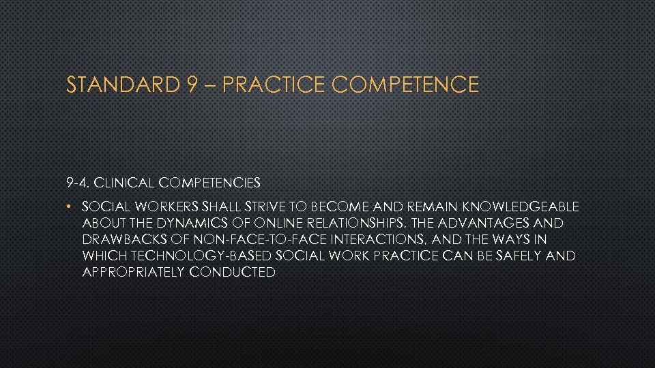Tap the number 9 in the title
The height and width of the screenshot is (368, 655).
point(191,85)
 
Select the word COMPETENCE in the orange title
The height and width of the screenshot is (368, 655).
point(406,85)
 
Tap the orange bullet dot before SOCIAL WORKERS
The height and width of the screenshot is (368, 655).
point(70,206)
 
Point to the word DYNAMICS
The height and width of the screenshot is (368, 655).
point(186,223)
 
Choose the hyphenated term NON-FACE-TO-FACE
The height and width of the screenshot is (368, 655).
point(249,239)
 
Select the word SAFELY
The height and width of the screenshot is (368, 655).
point(523,256)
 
